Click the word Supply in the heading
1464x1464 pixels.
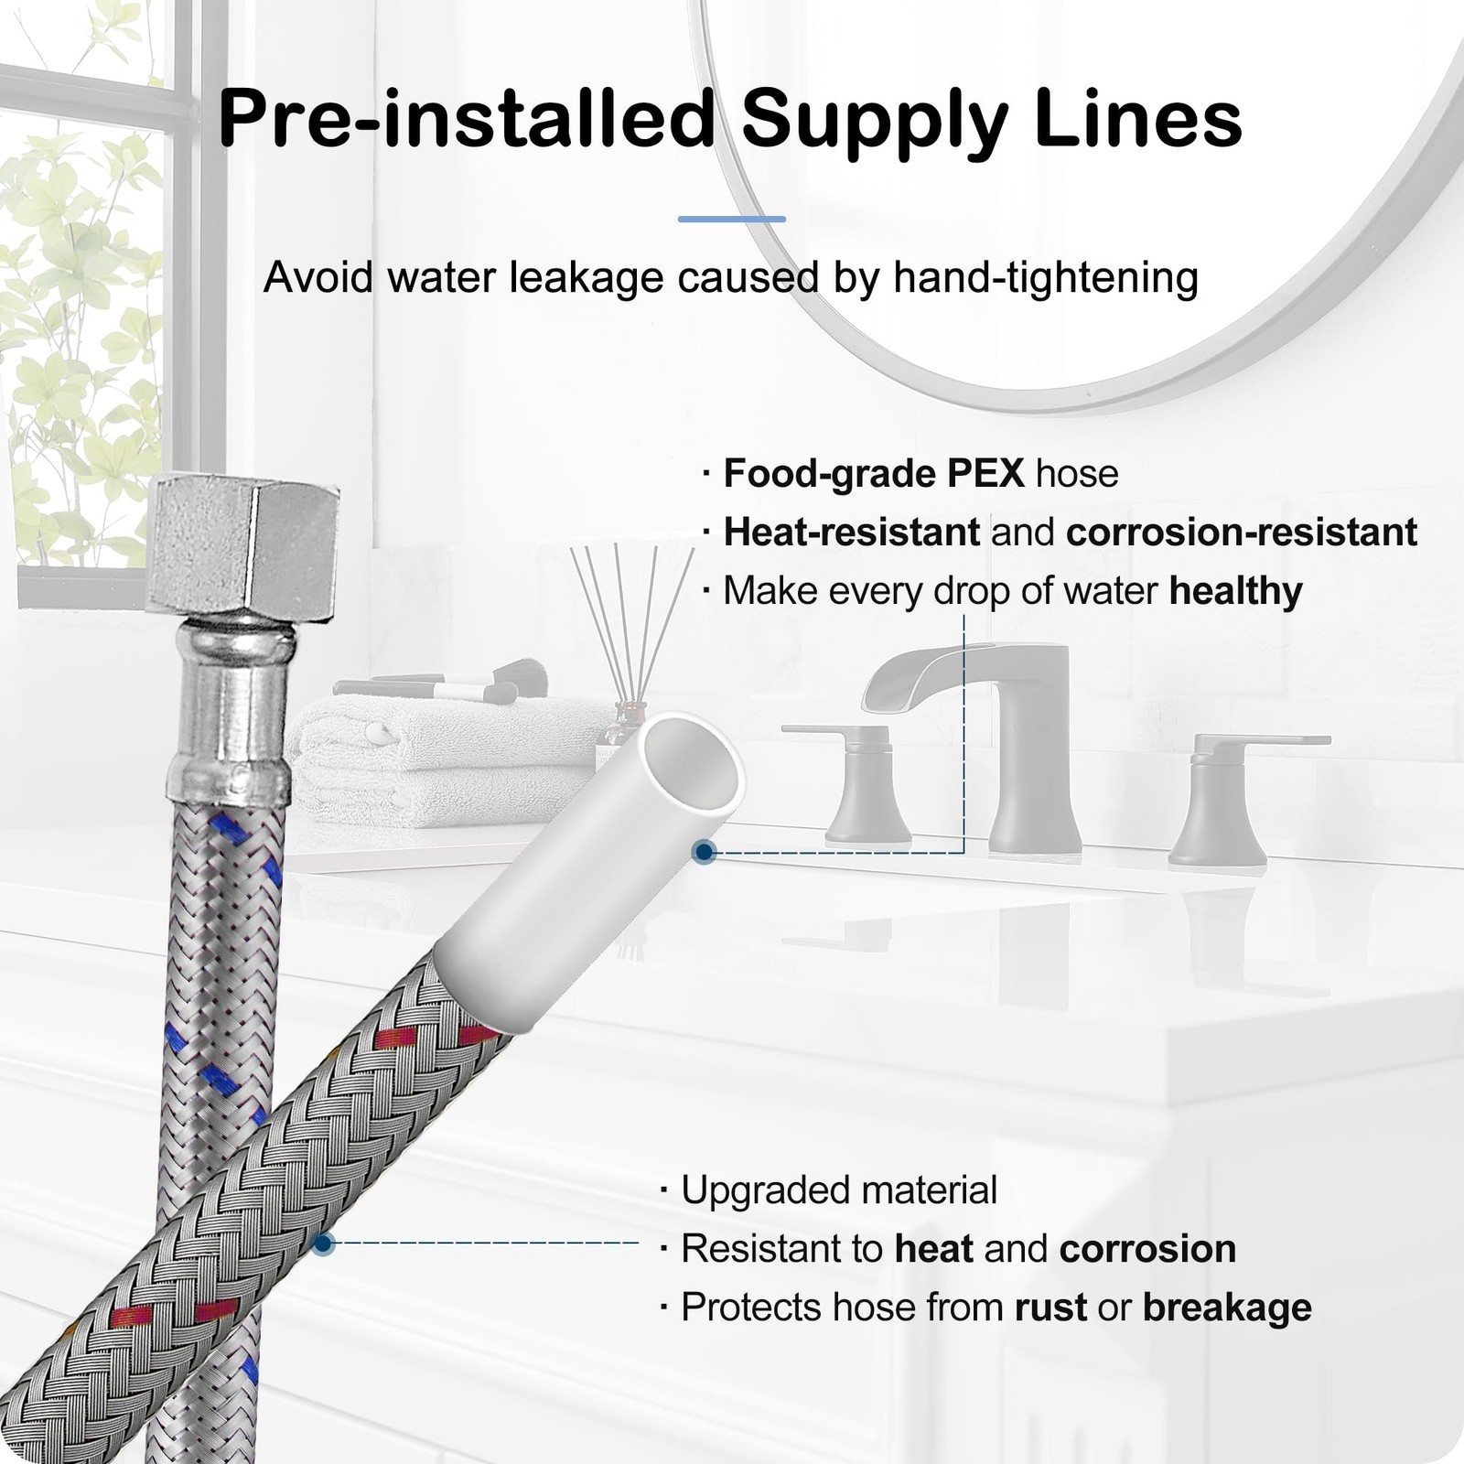874,119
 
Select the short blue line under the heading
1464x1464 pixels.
732,220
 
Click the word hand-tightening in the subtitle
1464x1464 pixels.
1046,277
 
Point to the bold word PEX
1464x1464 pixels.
985,474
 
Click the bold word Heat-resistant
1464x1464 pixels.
852,533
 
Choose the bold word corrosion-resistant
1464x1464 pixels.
1242,533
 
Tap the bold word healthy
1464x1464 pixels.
1235,591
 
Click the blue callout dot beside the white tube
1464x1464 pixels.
704,853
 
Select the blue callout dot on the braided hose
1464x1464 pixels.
322,1243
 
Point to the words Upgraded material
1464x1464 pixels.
839,1190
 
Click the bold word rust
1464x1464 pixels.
1050,1308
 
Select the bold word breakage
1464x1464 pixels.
1227,1308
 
